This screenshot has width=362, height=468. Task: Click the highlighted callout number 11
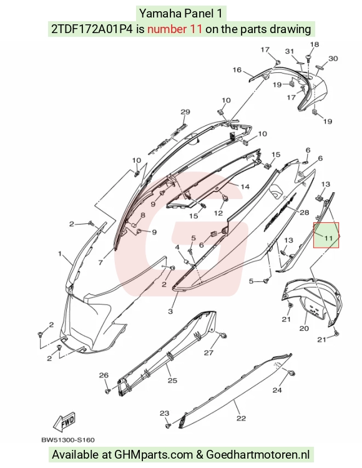tap(328, 238)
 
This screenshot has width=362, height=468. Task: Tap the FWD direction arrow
tap(64, 422)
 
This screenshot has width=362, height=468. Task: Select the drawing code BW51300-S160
tap(68, 440)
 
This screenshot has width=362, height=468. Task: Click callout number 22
tap(241, 419)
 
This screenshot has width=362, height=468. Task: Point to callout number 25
tap(172, 381)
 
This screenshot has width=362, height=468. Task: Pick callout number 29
tap(185, 112)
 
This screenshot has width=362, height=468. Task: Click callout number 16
tap(237, 70)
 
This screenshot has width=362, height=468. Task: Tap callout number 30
tap(333, 59)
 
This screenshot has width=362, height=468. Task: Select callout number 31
tap(290, 51)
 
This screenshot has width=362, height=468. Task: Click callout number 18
tap(314, 44)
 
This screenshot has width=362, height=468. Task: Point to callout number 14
tap(245, 187)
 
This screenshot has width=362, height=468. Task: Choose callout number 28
tap(304, 213)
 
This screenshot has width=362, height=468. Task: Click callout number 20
tap(304, 328)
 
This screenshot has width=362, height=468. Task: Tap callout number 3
tap(170, 311)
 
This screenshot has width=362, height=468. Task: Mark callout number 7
tap(100, 263)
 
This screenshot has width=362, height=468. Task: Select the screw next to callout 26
tap(108, 391)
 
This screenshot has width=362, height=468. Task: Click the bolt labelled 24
tap(291, 373)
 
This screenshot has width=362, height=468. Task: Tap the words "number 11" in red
tap(175, 29)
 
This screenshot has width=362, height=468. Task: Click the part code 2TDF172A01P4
tap(92, 29)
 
